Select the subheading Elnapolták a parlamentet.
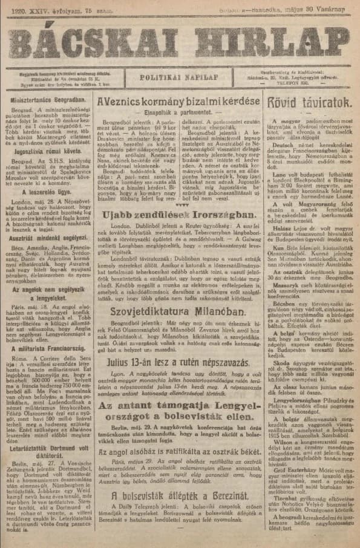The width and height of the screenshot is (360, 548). tap(180, 112)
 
